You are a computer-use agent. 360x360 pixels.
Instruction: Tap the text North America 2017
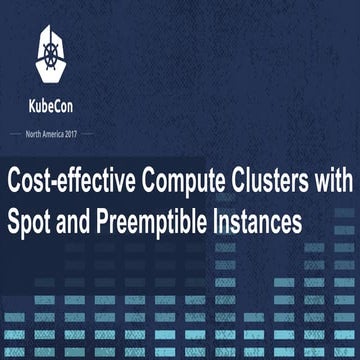(56, 133)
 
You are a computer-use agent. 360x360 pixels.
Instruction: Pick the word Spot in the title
(29, 221)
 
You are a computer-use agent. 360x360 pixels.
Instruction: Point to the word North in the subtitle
(37, 133)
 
